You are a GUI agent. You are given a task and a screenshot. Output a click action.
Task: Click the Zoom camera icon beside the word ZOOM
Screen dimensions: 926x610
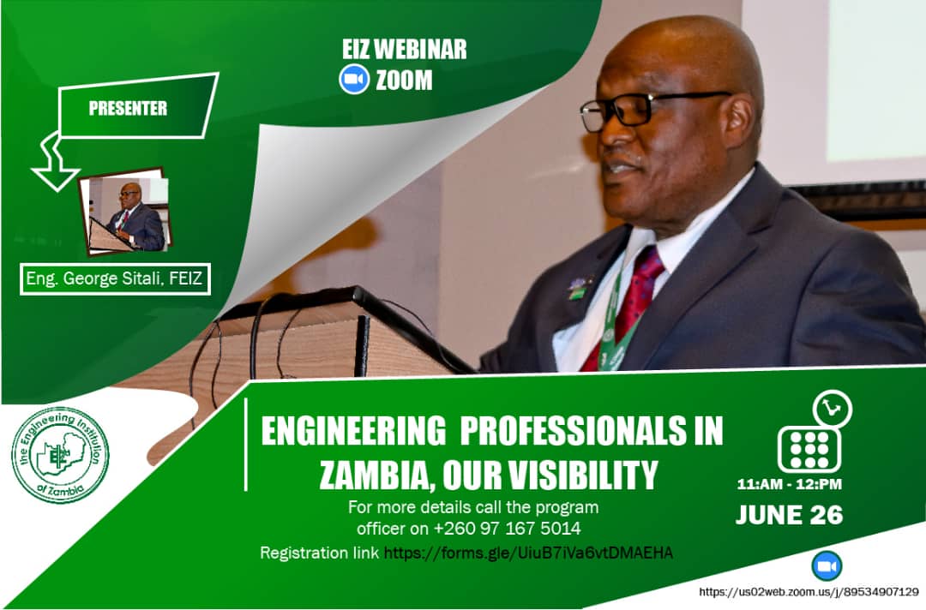point(354,80)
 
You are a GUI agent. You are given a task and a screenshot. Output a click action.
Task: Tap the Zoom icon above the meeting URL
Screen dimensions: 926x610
point(827,567)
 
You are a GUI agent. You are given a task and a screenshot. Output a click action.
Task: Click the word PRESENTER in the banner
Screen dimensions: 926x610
point(128,109)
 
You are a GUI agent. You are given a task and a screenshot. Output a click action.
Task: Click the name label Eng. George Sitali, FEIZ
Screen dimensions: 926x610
point(115,278)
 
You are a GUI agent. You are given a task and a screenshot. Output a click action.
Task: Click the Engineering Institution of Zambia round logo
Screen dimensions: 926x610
point(60,455)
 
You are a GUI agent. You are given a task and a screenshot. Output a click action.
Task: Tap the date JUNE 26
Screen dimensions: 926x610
point(789,515)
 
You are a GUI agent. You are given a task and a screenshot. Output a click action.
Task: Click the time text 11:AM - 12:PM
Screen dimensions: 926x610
point(789,485)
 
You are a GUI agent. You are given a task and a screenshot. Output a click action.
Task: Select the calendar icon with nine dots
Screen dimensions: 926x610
point(809,449)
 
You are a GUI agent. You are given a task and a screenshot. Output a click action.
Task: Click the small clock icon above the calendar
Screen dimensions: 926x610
point(832,409)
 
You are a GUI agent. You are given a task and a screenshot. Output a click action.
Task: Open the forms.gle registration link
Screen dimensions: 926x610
point(528,553)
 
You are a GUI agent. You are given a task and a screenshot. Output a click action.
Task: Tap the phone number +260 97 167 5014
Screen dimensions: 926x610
point(508,528)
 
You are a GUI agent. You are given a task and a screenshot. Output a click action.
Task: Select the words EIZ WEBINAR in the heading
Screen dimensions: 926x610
point(405,50)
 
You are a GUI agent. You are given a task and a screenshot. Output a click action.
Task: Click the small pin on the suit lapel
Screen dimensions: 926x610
point(577,287)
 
